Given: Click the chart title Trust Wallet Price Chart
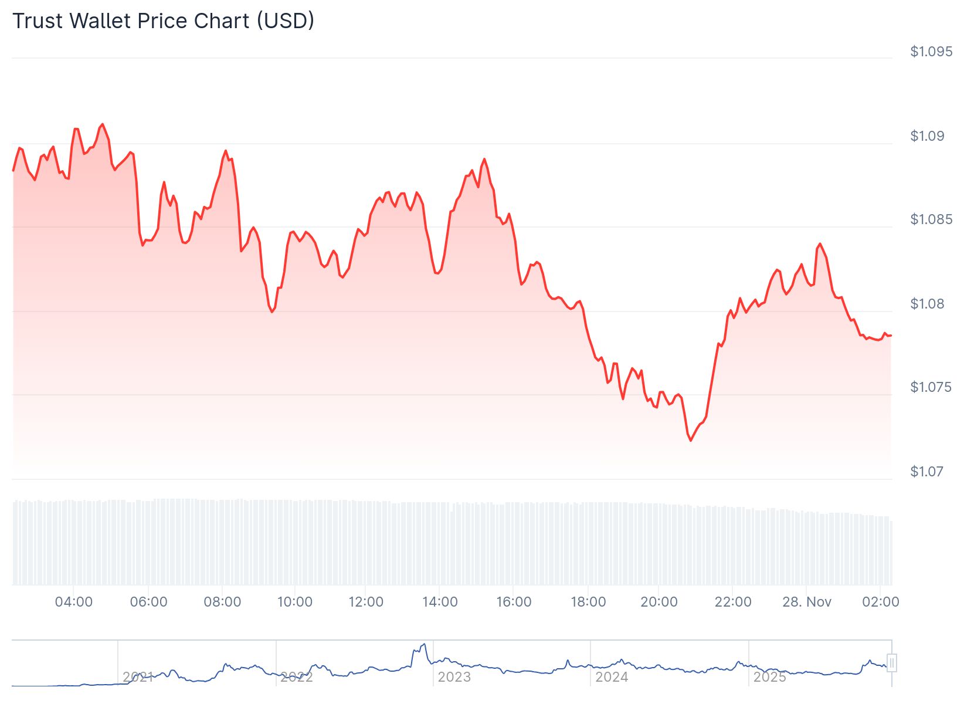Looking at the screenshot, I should (163, 21).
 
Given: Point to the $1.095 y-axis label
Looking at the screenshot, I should (931, 52).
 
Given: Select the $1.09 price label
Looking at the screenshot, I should (927, 136).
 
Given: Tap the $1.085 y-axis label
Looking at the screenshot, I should (931, 219).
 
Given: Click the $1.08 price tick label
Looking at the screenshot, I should (927, 304).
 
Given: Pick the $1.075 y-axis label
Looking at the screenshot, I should (931, 387).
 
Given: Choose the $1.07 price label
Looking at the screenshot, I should (927, 472).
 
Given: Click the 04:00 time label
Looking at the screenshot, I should (73, 602).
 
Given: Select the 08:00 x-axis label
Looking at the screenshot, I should (222, 602).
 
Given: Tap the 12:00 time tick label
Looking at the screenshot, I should (366, 602).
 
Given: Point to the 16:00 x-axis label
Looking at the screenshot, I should (514, 602).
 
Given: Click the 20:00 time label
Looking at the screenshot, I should (659, 602).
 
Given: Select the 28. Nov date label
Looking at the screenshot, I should (807, 602).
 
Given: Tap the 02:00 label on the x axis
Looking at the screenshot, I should (881, 602).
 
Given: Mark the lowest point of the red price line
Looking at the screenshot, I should (690, 440).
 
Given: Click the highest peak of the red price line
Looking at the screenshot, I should (103, 124).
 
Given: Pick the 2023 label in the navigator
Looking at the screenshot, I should (454, 677).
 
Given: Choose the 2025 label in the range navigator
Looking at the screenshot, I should (769, 677).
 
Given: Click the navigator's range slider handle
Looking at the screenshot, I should (892, 663).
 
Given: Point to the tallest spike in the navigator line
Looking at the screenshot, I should (423, 644).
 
